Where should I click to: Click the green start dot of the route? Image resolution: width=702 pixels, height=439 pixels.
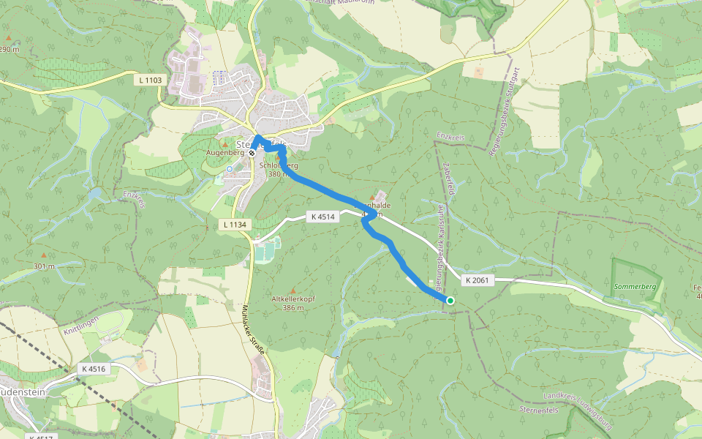[x=450, y=301]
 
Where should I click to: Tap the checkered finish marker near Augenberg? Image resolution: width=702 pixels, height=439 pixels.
[x=252, y=154]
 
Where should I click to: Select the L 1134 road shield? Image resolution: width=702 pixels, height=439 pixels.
[x=234, y=225]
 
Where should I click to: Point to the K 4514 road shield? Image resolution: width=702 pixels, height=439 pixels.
[x=322, y=217]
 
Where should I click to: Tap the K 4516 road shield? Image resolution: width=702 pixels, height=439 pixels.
[x=94, y=369]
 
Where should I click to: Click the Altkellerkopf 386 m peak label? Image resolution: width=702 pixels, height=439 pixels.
[x=293, y=304]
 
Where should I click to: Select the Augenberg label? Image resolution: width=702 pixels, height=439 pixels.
[x=224, y=152]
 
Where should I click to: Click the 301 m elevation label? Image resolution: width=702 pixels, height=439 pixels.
[x=44, y=266]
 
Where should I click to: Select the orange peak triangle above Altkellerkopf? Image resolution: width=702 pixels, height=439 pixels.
[x=294, y=290]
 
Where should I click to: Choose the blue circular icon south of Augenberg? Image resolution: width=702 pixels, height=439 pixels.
[x=229, y=169]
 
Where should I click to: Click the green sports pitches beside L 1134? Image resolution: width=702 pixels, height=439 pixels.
[x=263, y=253]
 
